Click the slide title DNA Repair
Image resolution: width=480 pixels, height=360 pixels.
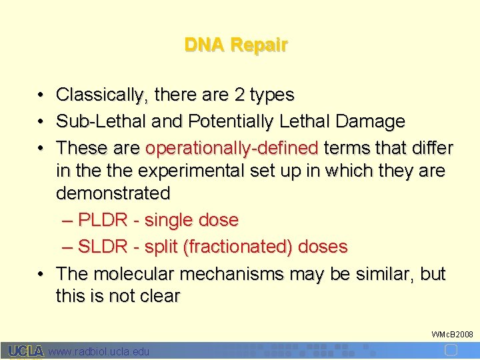[236, 45]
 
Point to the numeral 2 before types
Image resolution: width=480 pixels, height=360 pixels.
[239, 95]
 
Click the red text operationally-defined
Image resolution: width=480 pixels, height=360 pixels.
[232, 147]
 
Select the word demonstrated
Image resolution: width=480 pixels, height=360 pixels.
[113, 193]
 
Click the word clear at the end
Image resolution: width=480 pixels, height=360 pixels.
[159, 297]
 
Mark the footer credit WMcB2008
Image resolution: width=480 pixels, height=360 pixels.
[452, 333]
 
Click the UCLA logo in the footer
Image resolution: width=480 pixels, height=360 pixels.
[26, 351]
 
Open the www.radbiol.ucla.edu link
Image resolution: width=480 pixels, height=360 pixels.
[99, 351]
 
